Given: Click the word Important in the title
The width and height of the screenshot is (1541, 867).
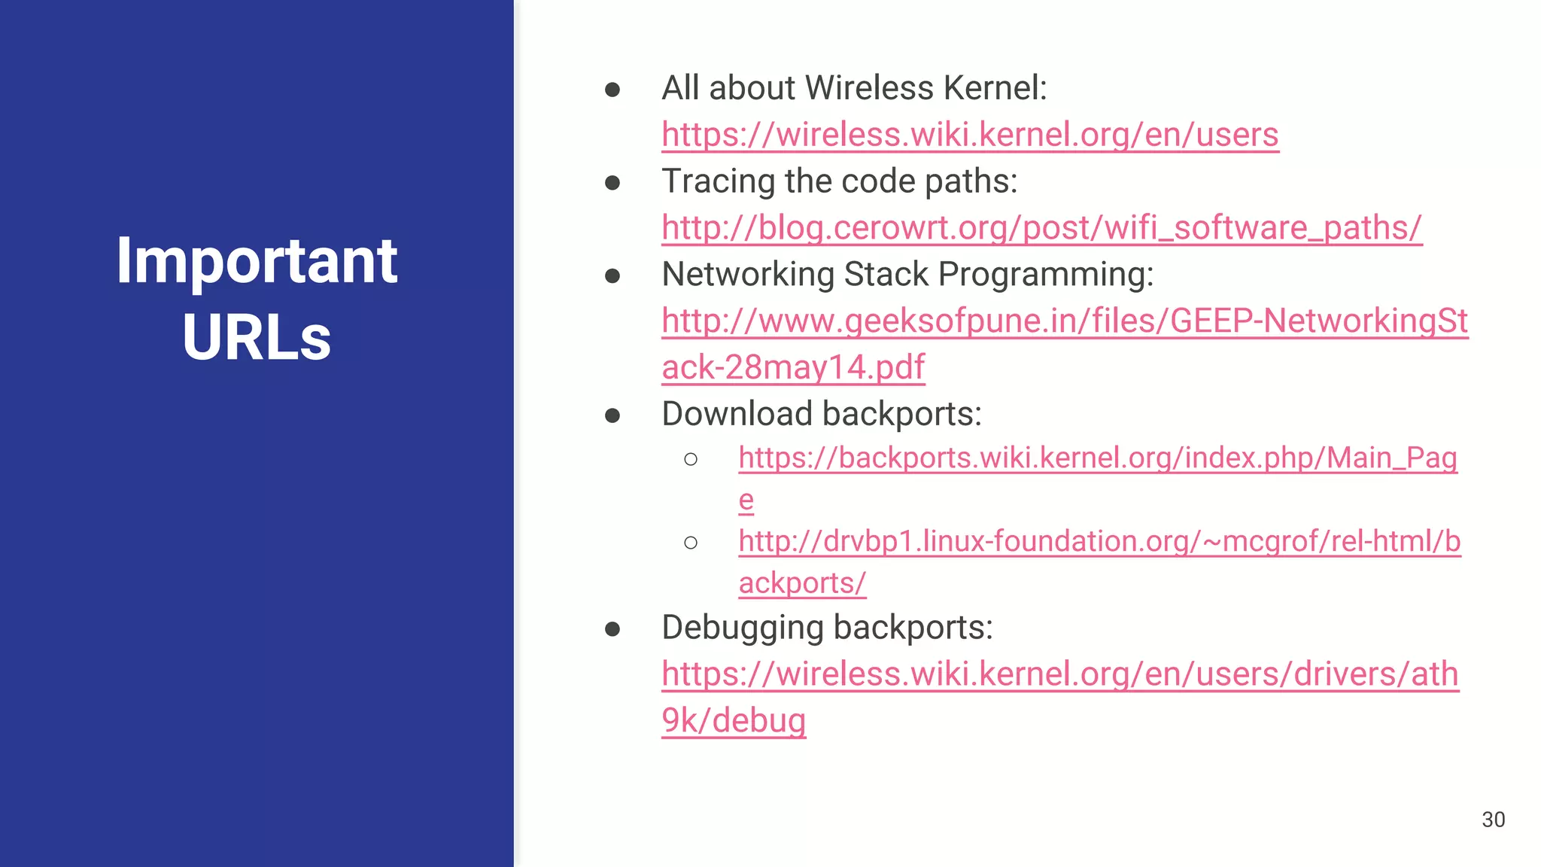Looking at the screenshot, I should [x=257, y=260].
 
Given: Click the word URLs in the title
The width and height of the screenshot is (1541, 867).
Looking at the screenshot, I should [x=257, y=337].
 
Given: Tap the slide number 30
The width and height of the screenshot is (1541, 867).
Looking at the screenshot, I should [x=1493, y=820].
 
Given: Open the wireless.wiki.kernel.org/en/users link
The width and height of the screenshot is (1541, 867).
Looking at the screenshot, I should [x=970, y=135].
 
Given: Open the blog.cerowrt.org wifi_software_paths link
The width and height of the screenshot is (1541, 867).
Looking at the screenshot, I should [x=1041, y=228].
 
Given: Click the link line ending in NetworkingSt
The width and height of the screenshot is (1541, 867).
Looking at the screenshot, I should [x=1064, y=321].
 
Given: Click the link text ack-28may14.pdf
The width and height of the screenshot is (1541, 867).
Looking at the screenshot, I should [x=793, y=368].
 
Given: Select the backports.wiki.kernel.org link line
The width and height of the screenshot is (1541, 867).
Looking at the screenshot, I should [x=1097, y=458].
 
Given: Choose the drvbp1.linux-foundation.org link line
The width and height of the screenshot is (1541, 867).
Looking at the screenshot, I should [x=1099, y=542].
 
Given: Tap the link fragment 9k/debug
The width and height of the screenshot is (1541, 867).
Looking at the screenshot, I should [x=734, y=721].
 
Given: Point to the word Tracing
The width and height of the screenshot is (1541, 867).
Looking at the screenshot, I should [x=718, y=181].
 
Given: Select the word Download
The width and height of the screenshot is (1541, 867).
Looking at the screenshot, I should [x=737, y=414].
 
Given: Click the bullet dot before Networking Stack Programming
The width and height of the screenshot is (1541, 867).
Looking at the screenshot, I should [x=612, y=276].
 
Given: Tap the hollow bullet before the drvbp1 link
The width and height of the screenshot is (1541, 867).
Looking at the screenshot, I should [x=691, y=543].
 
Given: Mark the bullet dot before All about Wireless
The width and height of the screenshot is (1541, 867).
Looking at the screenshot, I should [x=612, y=90].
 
